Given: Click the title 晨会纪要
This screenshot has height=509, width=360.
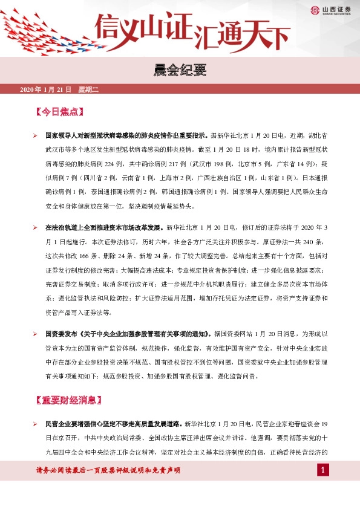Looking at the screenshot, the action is (x=180, y=72).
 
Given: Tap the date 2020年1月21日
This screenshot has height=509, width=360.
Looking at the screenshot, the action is (x=46, y=89).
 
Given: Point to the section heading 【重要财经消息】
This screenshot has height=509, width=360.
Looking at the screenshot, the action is (x=67, y=400).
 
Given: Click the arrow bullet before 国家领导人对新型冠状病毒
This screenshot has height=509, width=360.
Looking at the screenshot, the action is (x=36, y=137).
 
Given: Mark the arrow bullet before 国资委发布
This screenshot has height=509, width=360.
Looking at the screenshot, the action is (x=36, y=333).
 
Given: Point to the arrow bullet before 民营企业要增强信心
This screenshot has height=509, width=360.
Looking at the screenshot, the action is (x=36, y=423).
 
